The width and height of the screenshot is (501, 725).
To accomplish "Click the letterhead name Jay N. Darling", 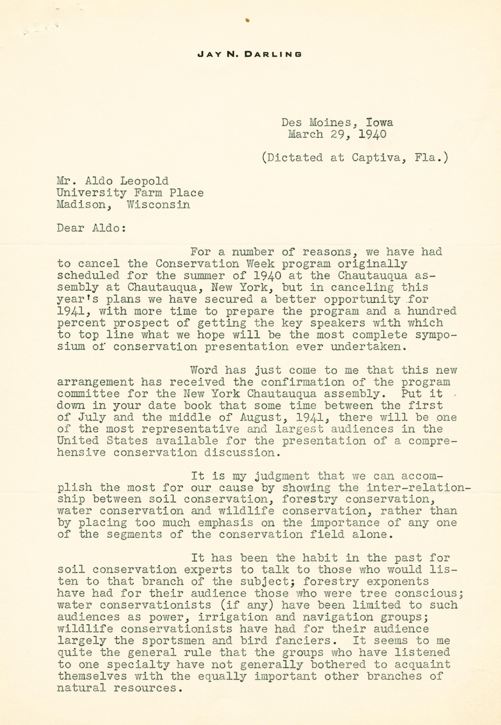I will [250, 54].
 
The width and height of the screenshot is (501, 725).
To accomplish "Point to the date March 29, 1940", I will [337, 134].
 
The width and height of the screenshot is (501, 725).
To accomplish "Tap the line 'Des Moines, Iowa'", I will [337, 122].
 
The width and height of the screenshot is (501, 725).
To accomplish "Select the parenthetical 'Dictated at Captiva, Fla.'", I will [354, 157].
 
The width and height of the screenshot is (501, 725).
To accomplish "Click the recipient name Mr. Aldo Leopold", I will [112, 181].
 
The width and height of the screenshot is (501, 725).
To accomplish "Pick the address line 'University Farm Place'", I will [130, 192].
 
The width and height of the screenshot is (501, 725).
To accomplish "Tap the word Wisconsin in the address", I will [158, 204].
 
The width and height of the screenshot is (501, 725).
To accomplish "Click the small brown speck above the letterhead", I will [248, 21].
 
